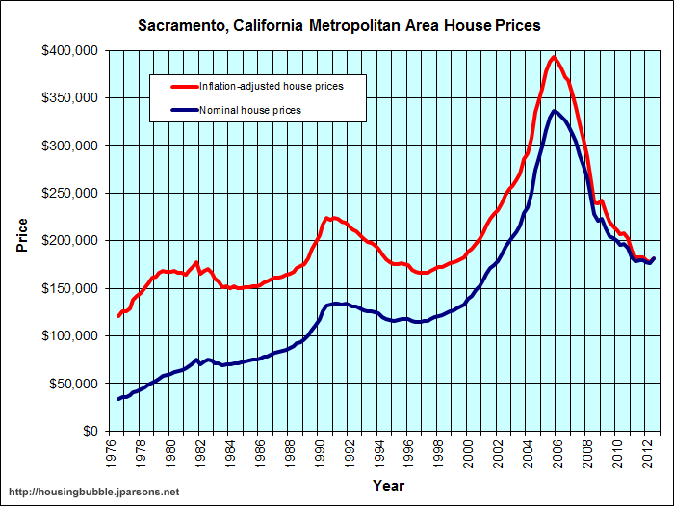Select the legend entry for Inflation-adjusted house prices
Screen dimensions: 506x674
(x=271, y=87)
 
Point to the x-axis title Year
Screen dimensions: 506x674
(x=388, y=484)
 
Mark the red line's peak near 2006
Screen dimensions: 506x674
(x=554, y=57)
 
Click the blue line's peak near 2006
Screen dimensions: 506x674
(x=555, y=111)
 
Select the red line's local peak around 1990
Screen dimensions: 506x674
(x=328, y=218)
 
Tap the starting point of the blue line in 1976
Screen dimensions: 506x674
(x=118, y=399)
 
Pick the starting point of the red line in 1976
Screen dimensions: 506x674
(x=118, y=316)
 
